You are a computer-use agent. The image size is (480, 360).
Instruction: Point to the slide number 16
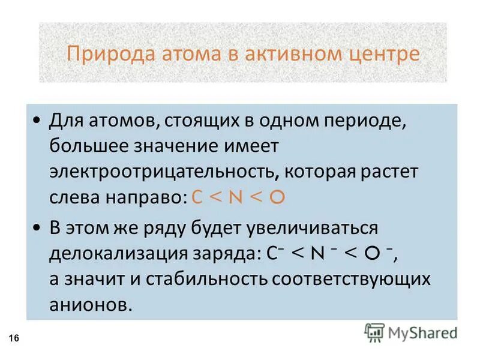[x=14, y=340]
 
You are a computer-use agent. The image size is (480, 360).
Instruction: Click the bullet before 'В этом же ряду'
[x=38, y=228]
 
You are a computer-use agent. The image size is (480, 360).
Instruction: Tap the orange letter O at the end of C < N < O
[x=276, y=199]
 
